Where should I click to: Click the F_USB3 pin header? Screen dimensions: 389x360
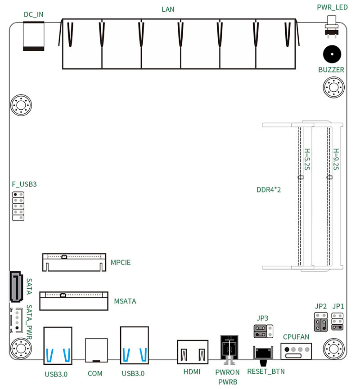point(18,206)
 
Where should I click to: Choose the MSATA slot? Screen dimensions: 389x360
point(74,301)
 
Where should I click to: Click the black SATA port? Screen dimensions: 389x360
point(16,286)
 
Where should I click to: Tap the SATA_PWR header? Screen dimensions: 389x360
point(15,320)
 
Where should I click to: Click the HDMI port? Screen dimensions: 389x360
point(193,351)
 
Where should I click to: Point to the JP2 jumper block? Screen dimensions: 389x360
point(320,322)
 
